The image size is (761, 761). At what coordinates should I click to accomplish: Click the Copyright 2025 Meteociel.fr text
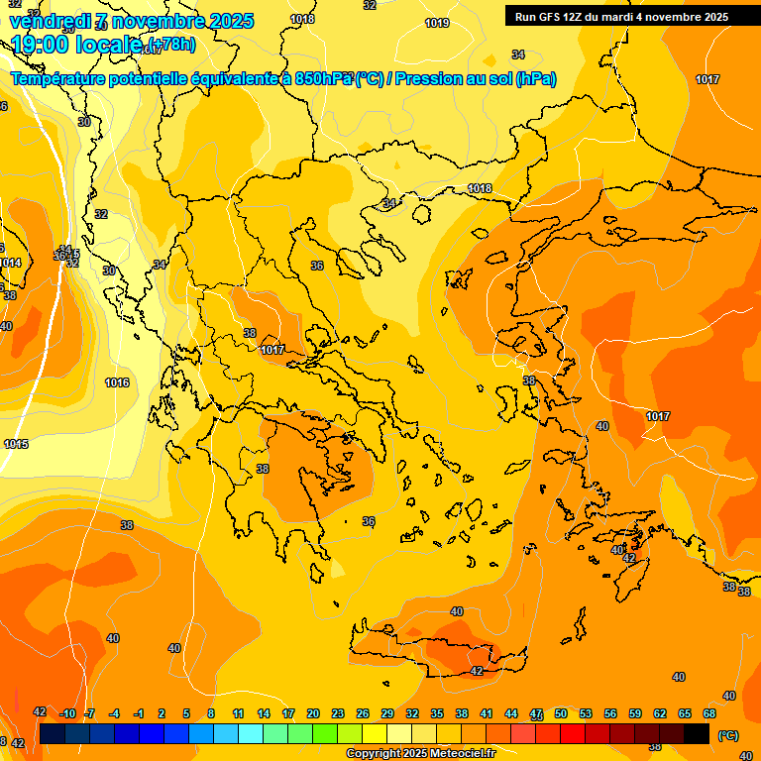tap(421, 754)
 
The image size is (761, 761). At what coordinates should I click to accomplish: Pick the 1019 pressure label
tap(436, 23)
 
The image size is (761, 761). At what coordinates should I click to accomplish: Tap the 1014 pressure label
tap(10, 263)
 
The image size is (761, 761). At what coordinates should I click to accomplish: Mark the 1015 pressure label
tap(16, 444)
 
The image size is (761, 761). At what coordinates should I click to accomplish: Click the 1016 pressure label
tap(117, 382)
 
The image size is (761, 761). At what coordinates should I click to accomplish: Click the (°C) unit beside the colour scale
tap(728, 735)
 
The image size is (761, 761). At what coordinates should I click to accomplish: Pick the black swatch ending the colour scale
tap(697, 732)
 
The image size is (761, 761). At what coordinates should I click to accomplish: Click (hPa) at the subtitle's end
tap(536, 78)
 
